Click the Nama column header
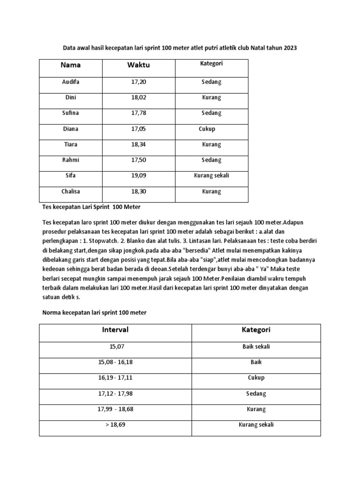coord(71,65)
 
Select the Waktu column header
coord(139,65)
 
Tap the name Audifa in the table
coord(71,82)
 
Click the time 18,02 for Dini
coord(139,97)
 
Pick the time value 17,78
coord(139,113)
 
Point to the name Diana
coord(71,128)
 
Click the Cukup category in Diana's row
coord(207,128)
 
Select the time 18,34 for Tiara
coord(139,144)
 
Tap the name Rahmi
coord(71,160)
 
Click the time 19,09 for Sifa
coord(139,175)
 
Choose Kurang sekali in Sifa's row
coord(211,175)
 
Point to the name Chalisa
coord(71,191)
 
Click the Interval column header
coord(115,330)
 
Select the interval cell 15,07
coord(115,346)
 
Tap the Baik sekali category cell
coord(256,346)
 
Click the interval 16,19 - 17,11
coord(115,377)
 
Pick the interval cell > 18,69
coord(115,425)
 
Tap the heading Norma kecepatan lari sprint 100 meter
coord(93,312)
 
